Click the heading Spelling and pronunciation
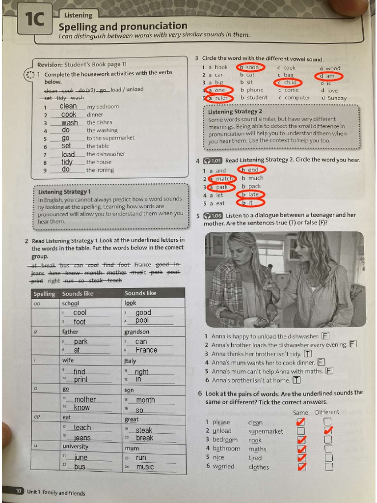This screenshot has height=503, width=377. coord(123,27)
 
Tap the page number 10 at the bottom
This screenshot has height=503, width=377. coord(18,491)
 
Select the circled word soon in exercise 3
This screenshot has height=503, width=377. coord(250,67)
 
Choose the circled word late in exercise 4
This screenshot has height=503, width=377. coord(251,195)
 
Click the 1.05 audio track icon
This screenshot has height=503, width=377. coord(213,160)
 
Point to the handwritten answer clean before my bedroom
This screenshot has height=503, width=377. coord(68,106)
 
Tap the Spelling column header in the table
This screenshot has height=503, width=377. coord(45,294)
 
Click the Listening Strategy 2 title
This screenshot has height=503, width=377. coord(235,112)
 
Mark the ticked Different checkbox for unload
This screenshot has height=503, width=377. coord(328,431)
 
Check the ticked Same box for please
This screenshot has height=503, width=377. coord(301,422)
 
